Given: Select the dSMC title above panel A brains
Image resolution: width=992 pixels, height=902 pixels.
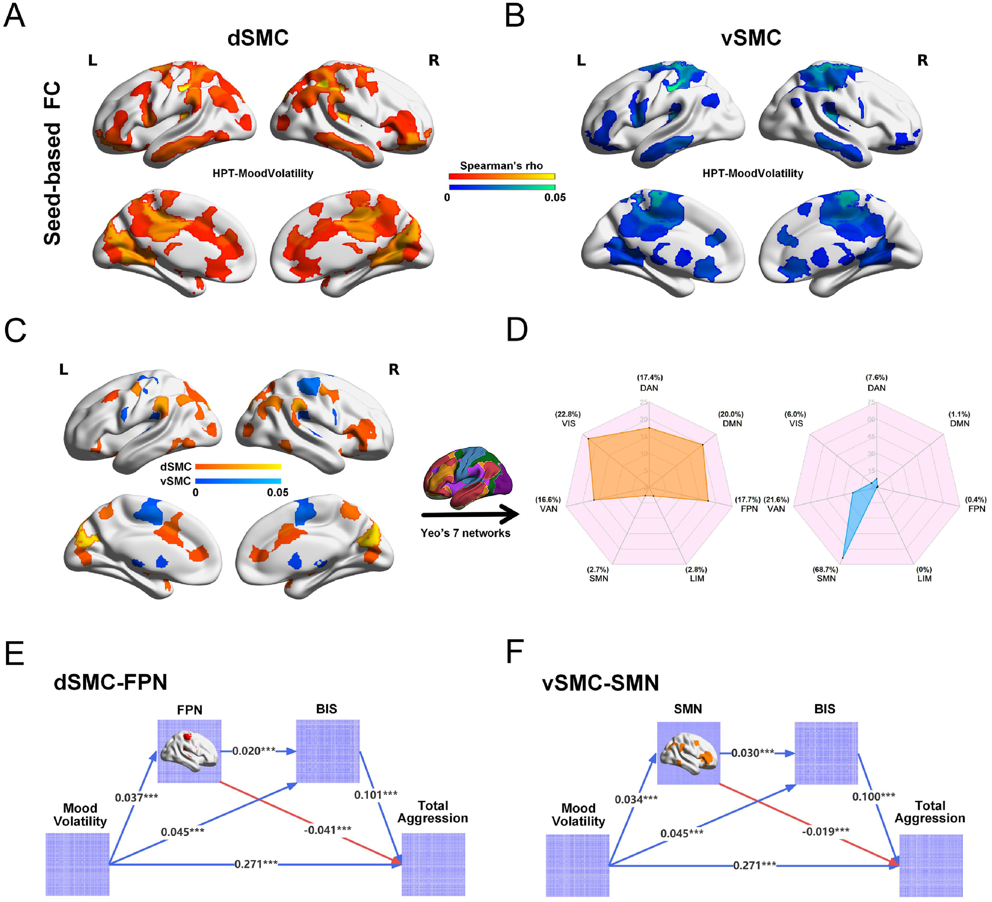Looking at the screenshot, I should (258, 38).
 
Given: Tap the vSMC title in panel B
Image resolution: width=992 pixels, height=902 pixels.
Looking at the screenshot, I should (751, 38).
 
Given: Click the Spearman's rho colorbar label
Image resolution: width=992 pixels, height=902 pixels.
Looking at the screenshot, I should (501, 166).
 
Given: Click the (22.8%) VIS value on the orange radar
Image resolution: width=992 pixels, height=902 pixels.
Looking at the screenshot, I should (568, 419).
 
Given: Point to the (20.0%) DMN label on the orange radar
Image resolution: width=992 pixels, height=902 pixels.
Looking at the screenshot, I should (731, 419).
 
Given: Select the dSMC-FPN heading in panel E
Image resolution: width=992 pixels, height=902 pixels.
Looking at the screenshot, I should (111, 682).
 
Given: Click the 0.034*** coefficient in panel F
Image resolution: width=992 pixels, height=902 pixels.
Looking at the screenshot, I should (636, 800).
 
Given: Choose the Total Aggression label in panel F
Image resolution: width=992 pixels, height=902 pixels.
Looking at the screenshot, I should (930, 812).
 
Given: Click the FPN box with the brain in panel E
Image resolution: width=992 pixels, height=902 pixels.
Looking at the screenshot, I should (190, 751).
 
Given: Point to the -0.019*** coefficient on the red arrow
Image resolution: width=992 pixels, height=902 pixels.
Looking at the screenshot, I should (825, 832).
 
